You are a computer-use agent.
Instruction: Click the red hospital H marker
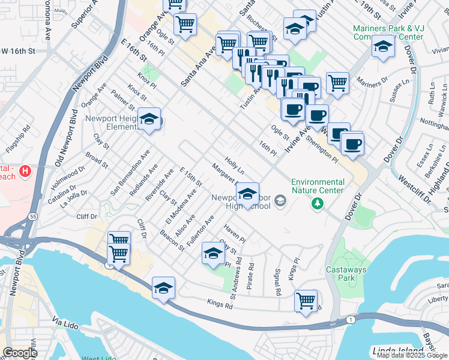click(25, 172)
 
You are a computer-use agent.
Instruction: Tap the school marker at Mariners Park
click(382, 46)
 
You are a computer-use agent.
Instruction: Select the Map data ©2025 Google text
click(412, 355)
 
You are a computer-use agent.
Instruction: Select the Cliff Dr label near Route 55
click(86, 217)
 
